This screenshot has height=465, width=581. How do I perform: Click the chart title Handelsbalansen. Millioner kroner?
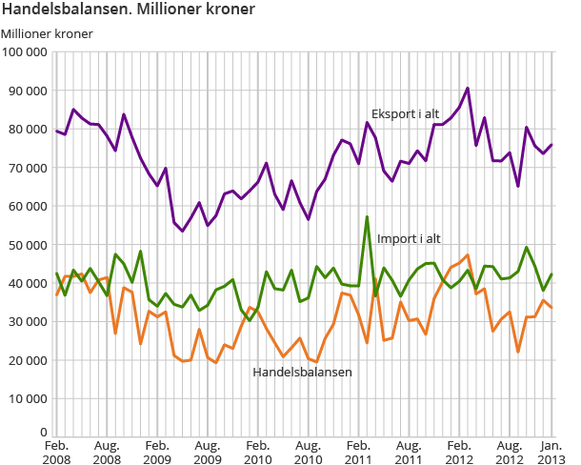coord(128,10)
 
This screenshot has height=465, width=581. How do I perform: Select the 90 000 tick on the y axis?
coord(29,91)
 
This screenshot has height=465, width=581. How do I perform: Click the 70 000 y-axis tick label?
coord(29,168)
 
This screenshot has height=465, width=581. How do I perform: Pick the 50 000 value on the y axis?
coord(29,245)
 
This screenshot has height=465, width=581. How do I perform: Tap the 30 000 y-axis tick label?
coord(29,322)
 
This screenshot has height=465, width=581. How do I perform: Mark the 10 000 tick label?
coord(29,399)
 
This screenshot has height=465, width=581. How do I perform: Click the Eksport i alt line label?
coord(405,113)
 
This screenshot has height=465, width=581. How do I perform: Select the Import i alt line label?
coord(409,238)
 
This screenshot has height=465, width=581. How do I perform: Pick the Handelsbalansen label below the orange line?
coord(302,372)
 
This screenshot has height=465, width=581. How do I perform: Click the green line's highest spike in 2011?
coord(367,217)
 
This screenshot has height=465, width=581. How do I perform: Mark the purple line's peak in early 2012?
coord(468,89)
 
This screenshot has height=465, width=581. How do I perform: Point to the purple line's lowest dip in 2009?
coord(183,231)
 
